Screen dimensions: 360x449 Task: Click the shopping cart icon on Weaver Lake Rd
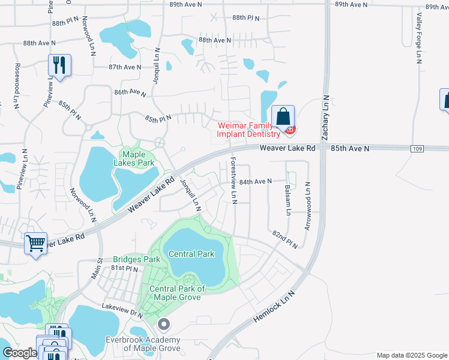click(36, 244)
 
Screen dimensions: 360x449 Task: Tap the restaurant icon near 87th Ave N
click(59, 65)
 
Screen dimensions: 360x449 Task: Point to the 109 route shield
click(417, 148)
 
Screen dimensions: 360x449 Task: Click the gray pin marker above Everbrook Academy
click(163, 325)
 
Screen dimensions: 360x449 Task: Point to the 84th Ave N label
click(256, 181)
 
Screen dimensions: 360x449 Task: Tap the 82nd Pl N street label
click(285, 239)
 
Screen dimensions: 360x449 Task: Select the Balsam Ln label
click(288, 200)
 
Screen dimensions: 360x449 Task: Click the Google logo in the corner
click(19, 353)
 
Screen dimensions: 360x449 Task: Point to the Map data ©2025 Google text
click(411, 355)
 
